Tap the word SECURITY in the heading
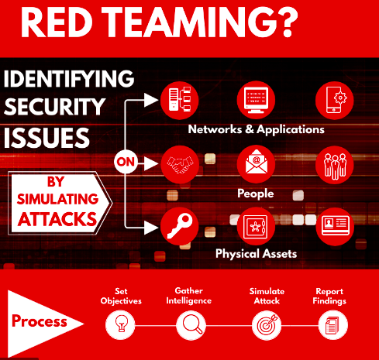click(54, 107)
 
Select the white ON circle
click(126, 162)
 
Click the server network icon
click(180, 100)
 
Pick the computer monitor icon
click(256, 100)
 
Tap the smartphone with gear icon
click(335, 100)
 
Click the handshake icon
click(180, 164)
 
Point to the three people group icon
click(335, 165)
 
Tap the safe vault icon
click(256, 226)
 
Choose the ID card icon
click(335, 226)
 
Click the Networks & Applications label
click(256, 129)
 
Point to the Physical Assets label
click(256, 254)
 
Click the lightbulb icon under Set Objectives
click(120, 324)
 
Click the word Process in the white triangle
click(40, 321)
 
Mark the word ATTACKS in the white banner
click(57, 219)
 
